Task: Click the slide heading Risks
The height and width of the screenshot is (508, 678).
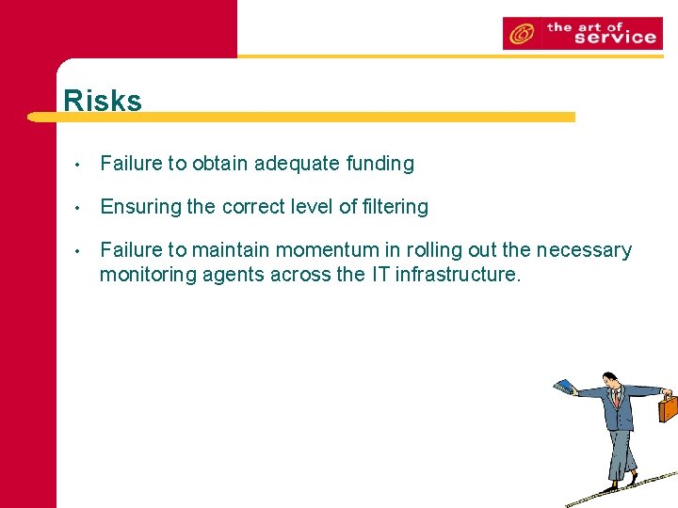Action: [103, 101]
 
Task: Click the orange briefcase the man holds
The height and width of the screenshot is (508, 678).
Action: [668, 407]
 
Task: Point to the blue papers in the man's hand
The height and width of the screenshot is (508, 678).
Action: [564, 386]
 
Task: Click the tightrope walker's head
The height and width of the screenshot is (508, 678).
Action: [610, 380]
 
